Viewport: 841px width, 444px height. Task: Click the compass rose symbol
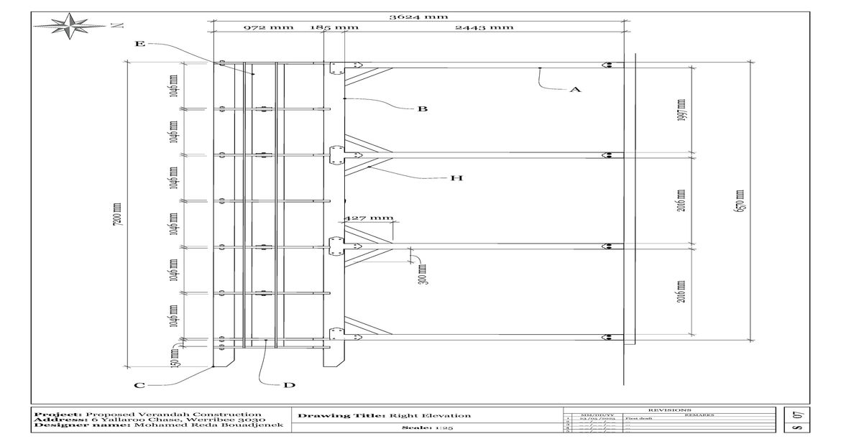pyautogui.click(x=70, y=27)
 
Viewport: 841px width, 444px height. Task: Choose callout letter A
pyautogui.click(x=574, y=90)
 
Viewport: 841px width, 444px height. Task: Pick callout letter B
pyautogui.click(x=423, y=109)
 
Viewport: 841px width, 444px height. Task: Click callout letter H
pyautogui.click(x=456, y=178)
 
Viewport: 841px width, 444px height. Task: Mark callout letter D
pyautogui.click(x=289, y=385)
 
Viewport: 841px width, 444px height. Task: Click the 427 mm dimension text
pyautogui.click(x=370, y=218)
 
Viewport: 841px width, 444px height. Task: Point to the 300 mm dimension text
pyautogui.click(x=422, y=274)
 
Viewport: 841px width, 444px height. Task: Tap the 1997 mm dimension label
pyautogui.click(x=681, y=110)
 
